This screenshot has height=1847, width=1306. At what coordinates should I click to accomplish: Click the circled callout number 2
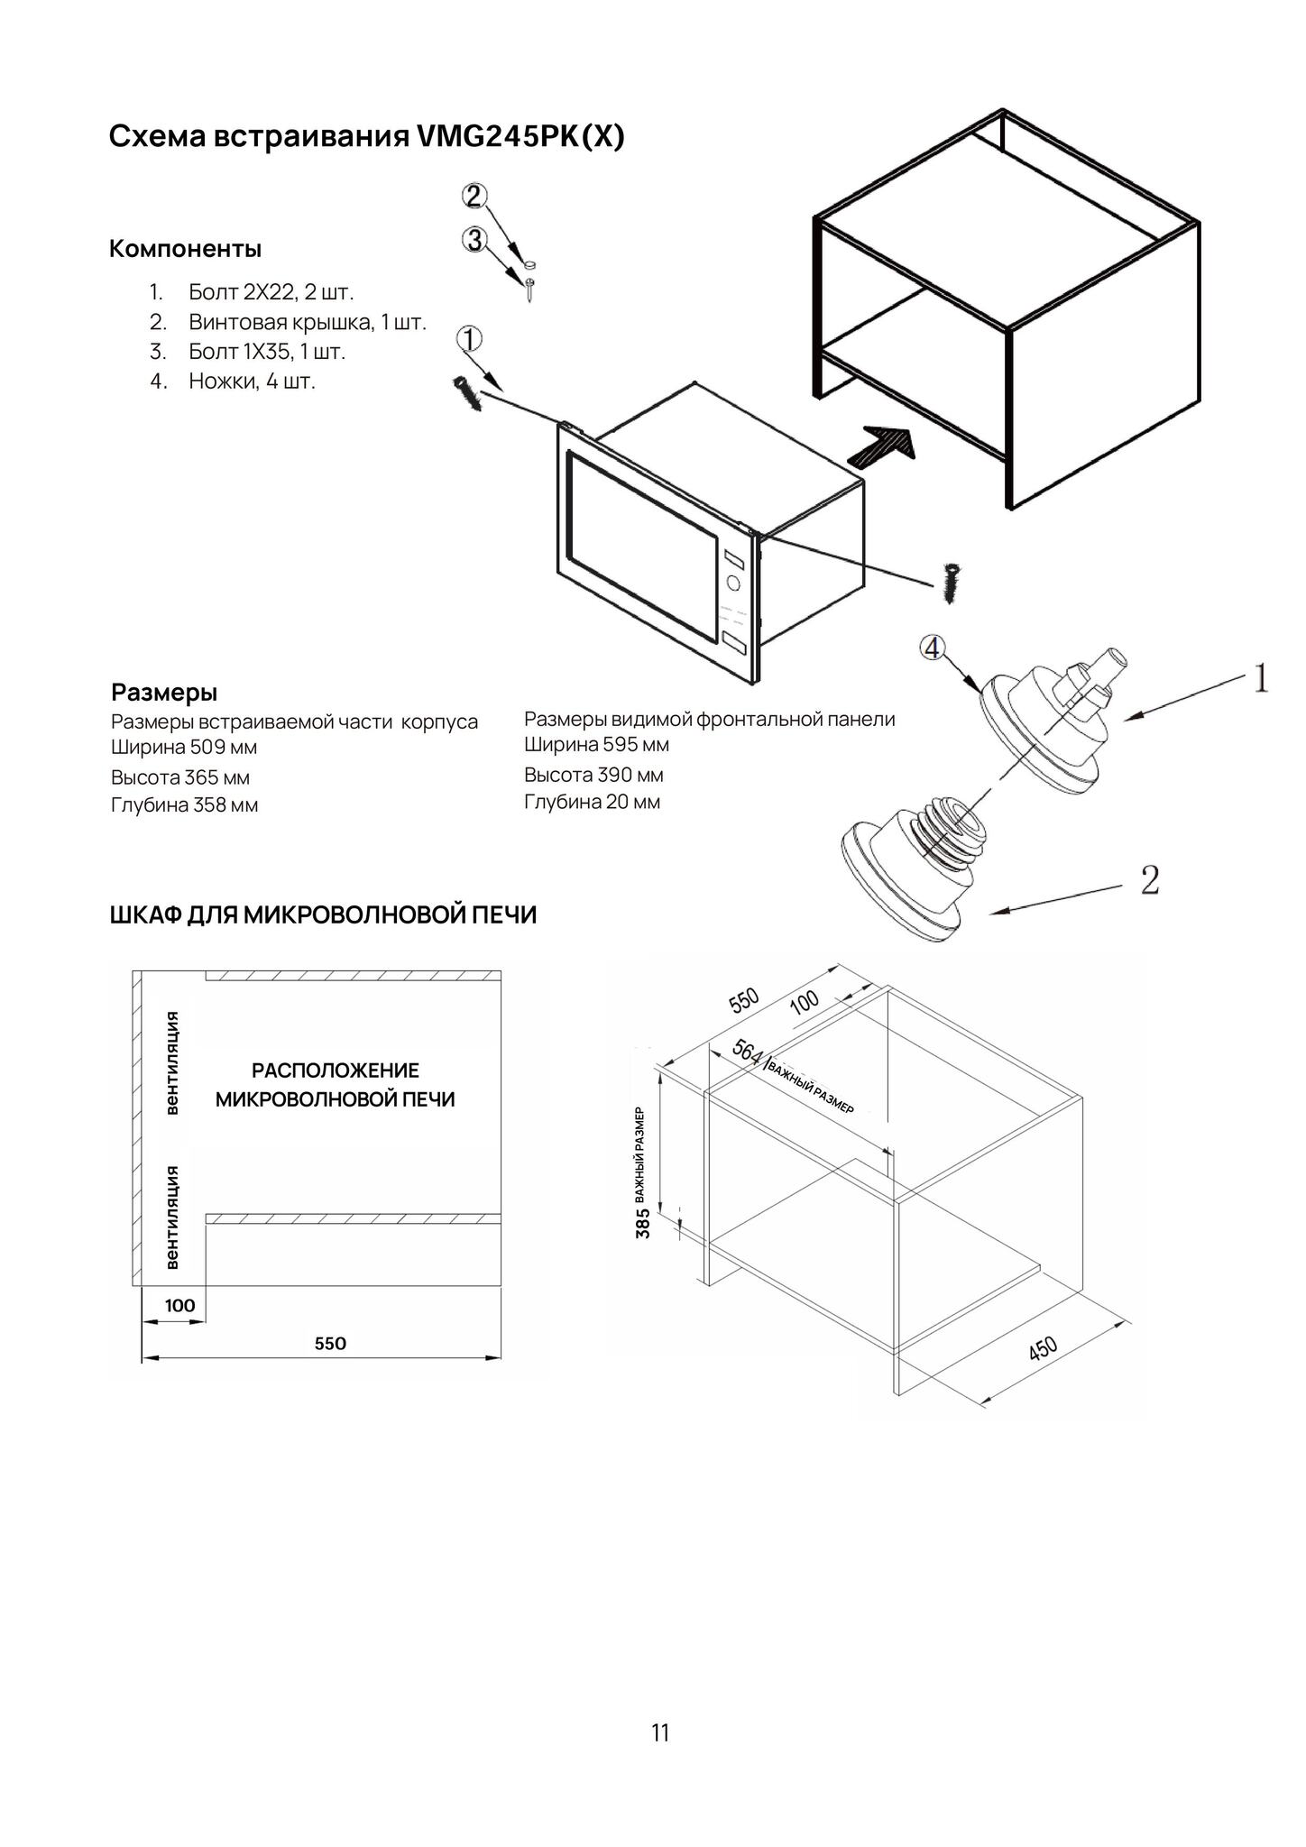click(474, 196)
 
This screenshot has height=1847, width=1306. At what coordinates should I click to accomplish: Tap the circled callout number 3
click(474, 239)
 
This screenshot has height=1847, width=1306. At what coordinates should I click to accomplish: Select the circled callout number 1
click(470, 340)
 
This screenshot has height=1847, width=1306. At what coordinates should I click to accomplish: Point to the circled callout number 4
click(933, 648)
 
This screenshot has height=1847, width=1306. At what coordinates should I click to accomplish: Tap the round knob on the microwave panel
click(733, 583)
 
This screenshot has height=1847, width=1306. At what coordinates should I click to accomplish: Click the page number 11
click(660, 1732)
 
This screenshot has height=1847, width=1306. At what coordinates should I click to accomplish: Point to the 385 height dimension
click(643, 1224)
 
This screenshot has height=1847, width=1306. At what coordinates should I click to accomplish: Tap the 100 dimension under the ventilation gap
click(179, 1305)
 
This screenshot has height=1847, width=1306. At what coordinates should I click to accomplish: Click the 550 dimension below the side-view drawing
click(330, 1343)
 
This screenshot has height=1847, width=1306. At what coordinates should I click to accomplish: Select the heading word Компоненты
click(185, 249)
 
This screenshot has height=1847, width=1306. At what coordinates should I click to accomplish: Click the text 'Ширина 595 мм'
click(596, 745)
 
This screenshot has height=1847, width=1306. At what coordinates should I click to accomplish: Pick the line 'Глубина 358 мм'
click(185, 805)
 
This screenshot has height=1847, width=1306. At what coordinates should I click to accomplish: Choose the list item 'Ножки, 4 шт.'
click(252, 381)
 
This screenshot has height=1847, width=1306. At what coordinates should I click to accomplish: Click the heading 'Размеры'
click(164, 693)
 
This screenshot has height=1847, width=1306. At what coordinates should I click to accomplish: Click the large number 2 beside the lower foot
click(1149, 879)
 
